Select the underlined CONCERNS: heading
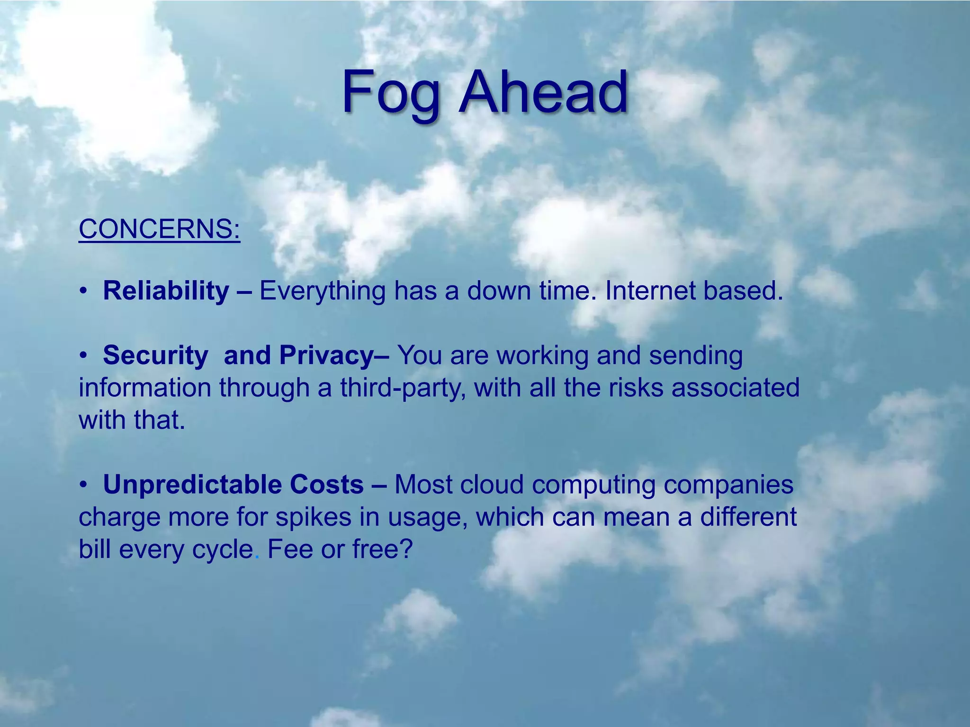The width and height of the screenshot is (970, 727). coord(160,229)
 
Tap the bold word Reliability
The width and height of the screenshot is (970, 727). coord(166,291)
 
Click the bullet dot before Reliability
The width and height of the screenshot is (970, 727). coord(83,291)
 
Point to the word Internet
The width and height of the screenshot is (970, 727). coord(650,291)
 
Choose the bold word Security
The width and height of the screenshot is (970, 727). coord(155,355)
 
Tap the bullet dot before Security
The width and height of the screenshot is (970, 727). coord(83,355)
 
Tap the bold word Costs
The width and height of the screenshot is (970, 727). coord(327,485)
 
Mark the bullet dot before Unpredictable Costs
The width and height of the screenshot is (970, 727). coord(83,485)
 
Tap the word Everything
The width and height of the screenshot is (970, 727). coord(323,292)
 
